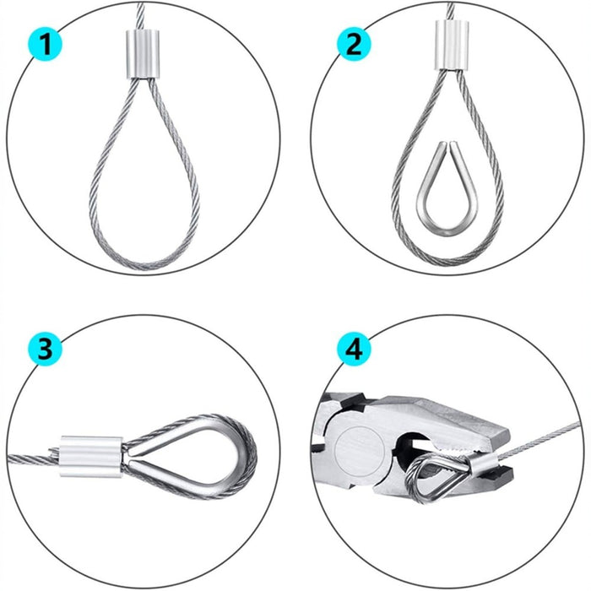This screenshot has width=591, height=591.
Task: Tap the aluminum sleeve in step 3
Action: click(x=90, y=456)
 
